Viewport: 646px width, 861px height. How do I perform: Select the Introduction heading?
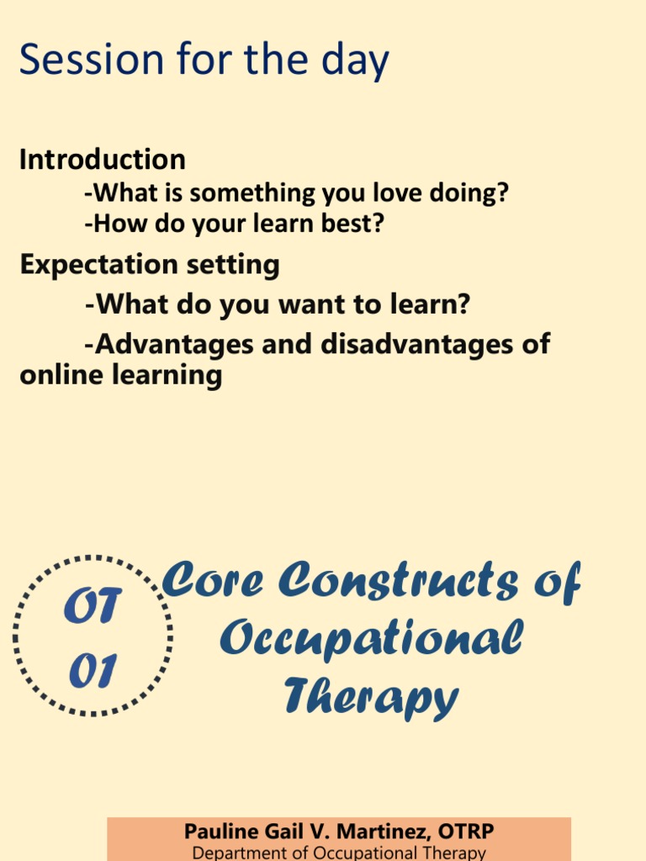(103, 160)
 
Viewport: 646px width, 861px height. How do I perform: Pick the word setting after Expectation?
(236, 266)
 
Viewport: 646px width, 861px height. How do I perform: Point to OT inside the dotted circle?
(93, 607)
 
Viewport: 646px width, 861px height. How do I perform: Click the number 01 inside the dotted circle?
(93, 671)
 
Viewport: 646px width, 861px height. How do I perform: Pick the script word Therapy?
(371, 697)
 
